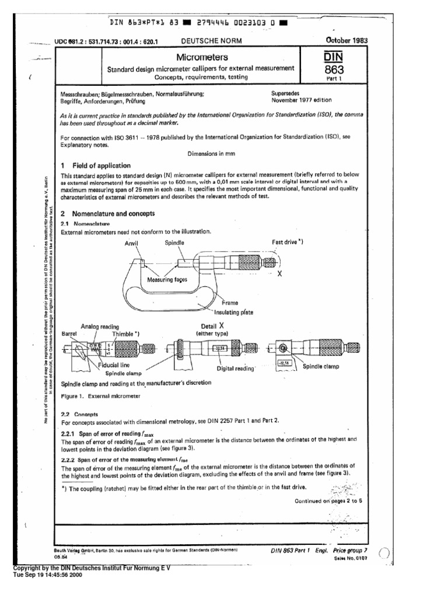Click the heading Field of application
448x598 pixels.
coord(101,165)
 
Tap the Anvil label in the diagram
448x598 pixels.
coord(134,241)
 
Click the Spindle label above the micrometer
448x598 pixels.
coord(175,241)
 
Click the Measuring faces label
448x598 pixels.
coord(167,280)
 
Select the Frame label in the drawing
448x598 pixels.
coord(231,303)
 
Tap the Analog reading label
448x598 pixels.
coord(100,326)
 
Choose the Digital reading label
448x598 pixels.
coord(236,368)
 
